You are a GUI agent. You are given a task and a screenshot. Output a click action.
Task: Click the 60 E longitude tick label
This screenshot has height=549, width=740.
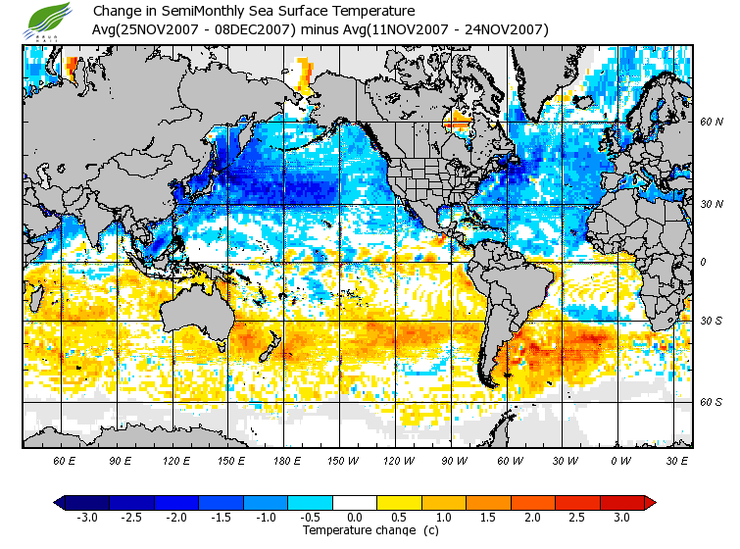click(65, 460)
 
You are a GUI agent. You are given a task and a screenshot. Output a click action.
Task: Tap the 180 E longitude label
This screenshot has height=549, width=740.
click(287, 460)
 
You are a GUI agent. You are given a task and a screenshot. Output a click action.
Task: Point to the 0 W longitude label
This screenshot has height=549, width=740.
click(619, 460)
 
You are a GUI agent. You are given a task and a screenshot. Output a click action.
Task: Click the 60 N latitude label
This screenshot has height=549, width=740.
click(711, 123)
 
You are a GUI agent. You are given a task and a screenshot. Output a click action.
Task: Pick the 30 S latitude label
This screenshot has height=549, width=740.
click(711, 321)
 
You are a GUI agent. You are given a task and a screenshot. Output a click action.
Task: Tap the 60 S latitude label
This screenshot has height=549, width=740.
click(711, 402)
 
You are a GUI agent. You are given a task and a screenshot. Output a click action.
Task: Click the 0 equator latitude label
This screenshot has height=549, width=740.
click(703, 263)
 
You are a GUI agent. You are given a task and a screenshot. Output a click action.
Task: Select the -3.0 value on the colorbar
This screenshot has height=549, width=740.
click(86, 517)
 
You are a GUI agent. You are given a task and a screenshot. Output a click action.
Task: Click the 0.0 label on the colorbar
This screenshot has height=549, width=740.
click(355, 517)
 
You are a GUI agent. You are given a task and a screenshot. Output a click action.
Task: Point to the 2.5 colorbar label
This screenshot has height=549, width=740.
click(577, 517)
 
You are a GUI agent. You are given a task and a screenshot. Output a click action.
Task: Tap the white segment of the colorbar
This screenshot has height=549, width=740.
click(355, 502)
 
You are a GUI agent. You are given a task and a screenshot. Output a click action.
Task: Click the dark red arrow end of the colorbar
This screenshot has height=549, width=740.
click(649, 502)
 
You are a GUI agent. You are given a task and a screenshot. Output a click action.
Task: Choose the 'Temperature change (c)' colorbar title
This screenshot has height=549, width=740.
click(357, 530)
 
